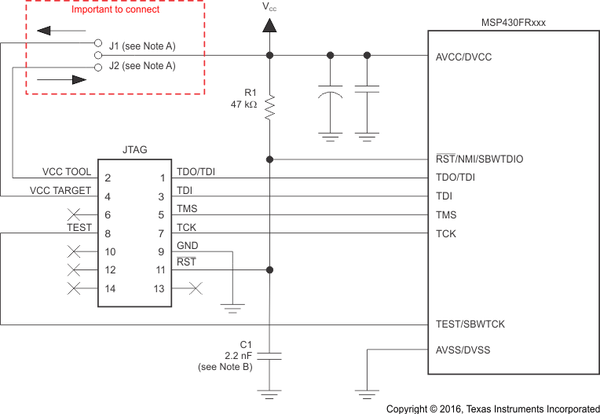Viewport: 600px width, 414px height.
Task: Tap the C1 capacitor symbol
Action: click(x=269, y=356)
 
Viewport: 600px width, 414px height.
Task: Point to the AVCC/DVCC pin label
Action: click(x=464, y=57)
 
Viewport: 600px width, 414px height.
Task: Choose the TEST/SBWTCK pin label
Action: click(x=470, y=324)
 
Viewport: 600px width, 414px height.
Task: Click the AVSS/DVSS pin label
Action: click(x=463, y=350)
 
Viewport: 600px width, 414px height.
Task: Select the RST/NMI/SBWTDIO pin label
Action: click(x=479, y=159)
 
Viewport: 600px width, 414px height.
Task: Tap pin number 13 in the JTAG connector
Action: click(x=160, y=289)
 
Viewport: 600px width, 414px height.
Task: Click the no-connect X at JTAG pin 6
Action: click(x=75, y=214)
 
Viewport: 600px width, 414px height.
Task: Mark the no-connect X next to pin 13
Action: click(x=196, y=289)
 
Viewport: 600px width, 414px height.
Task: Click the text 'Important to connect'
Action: click(x=115, y=10)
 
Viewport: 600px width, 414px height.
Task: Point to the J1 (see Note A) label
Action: click(x=142, y=46)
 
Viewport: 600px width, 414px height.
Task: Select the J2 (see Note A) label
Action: click(x=142, y=66)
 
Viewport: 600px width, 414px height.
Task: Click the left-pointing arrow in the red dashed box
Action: click(x=55, y=31)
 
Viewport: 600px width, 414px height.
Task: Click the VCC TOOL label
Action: click(x=66, y=172)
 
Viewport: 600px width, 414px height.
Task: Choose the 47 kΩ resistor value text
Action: click(x=243, y=104)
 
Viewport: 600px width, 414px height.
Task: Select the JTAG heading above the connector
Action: click(x=135, y=149)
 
